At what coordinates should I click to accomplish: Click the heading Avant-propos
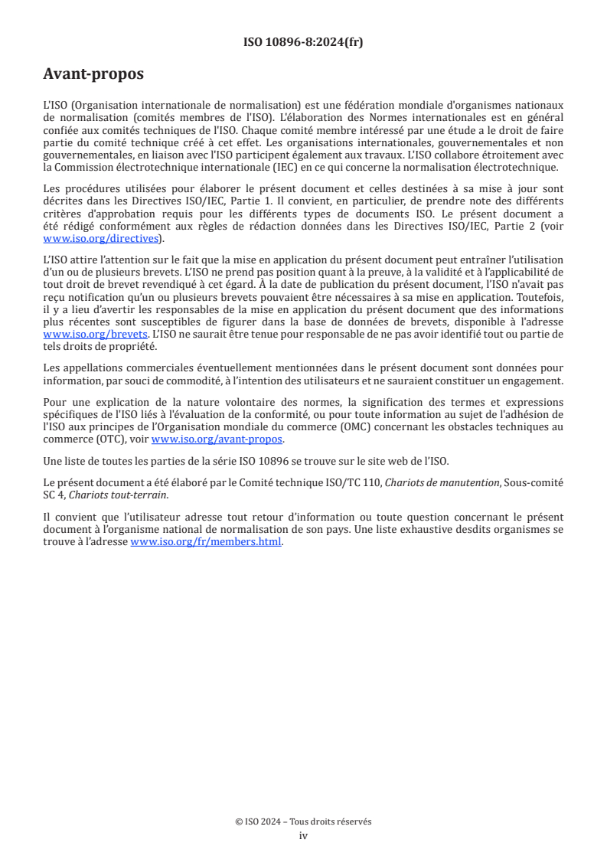[x=93, y=74]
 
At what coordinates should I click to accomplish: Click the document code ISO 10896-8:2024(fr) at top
[x=303, y=42]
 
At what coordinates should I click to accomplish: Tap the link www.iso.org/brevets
[x=95, y=335]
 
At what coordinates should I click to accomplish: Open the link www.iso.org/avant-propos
[x=217, y=439]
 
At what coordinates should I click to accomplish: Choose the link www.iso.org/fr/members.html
[x=207, y=541]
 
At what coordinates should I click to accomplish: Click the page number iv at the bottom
[x=303, y=835]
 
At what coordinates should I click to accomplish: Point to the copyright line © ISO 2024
[x=303, y=821]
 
